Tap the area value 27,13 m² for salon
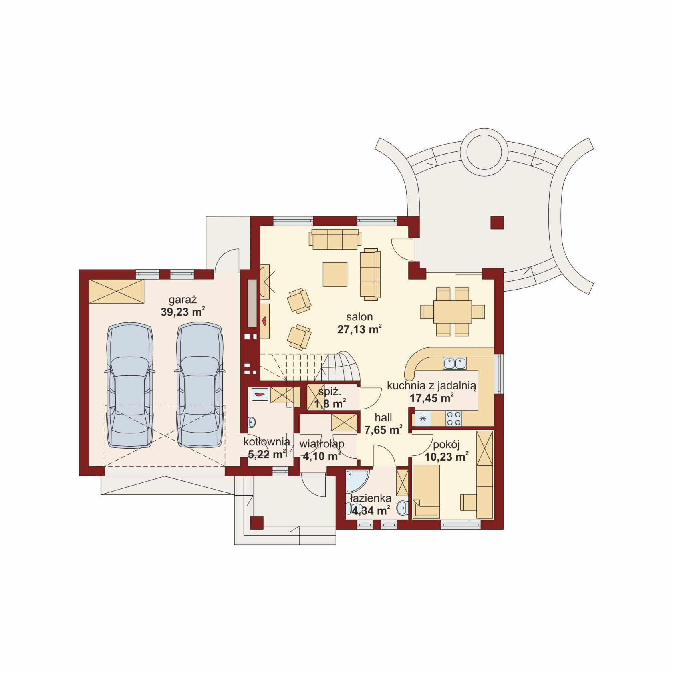[x=359, y=329]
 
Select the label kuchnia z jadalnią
[x=431, y=386]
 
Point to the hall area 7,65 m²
[x=383, y=430]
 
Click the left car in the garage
[x=130, y=385]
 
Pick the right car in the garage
[x=200, y=385]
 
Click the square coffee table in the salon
[x=335, y=274]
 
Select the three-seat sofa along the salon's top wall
[x=335, y=239]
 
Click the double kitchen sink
[x=455, y=363]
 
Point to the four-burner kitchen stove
[x=454, y=419]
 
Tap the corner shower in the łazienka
[x=357, y=482]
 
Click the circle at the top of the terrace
[x=484, y=151]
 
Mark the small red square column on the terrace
[x=497, y=222]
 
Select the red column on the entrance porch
[x=257, y=523]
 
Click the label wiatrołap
[x=322, y=444]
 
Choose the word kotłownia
[x=267, y=442]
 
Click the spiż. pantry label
[x=330, y=392]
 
